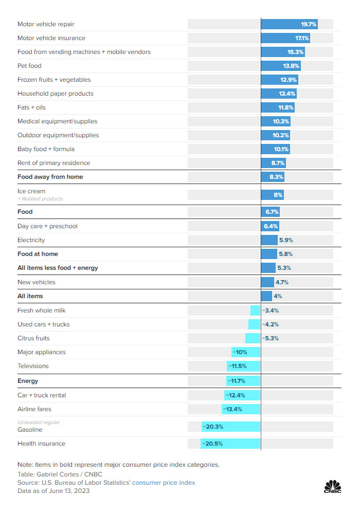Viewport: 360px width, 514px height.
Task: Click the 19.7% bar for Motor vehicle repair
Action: click(x=289, y=24)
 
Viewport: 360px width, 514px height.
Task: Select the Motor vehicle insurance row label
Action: click(x=51, y=38)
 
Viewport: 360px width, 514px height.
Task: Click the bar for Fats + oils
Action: click(x=277, y=107)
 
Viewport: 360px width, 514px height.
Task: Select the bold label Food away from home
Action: click(x=50, y=177)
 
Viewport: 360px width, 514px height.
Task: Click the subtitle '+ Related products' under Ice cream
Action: click(x=40, y=199)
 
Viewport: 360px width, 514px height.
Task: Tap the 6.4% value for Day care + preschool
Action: click(x=271, y=226)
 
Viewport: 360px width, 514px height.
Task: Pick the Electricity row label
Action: click(x=31, y=240)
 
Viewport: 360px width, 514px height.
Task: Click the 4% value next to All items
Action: click(x=278, y=296)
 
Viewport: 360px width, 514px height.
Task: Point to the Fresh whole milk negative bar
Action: click(x=255, y=310)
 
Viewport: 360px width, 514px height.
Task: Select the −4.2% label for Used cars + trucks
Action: click(x=271, y=324)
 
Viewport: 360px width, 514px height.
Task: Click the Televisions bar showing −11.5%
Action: click(x=244, y=366)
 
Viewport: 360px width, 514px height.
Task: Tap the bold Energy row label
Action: click(x=28, y=381)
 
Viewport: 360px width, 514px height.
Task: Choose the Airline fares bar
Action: click(x=241, y=409)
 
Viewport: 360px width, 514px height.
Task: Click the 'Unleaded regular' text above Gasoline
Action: click(x=39, y=423)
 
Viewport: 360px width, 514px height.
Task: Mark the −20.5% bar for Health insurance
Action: click(x=230, y=444)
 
